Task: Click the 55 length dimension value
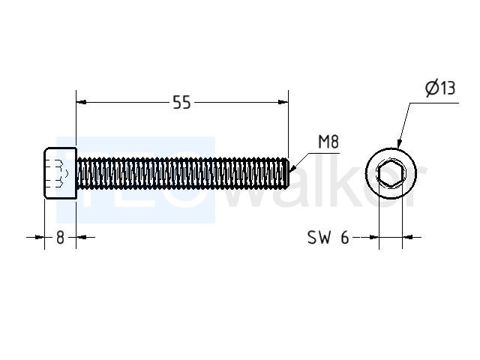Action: (x=181, y=102)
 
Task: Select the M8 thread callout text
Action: (x=328, y=142)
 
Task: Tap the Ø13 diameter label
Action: (x=440, y=88)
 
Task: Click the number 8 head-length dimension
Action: (x=60, y=237)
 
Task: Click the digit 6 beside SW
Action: (x=345, y=237)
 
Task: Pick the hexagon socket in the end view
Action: (x=391, y=173)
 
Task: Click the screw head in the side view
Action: (x=61, y=173)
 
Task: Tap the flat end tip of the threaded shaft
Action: (x=288, y=172)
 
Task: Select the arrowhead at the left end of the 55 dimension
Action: (x=81, y=102)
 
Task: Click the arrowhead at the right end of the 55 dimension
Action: (x=283, y=102)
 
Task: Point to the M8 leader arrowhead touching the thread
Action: (x=292, y=167)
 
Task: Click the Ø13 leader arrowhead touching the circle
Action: (x=399, y=144)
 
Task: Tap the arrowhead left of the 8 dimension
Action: (x=40, y=237)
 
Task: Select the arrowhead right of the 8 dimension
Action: (x=81, y=237)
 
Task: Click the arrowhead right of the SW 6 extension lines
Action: (x=407, y=237)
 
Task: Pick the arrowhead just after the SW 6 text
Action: (x=374, y=237)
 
